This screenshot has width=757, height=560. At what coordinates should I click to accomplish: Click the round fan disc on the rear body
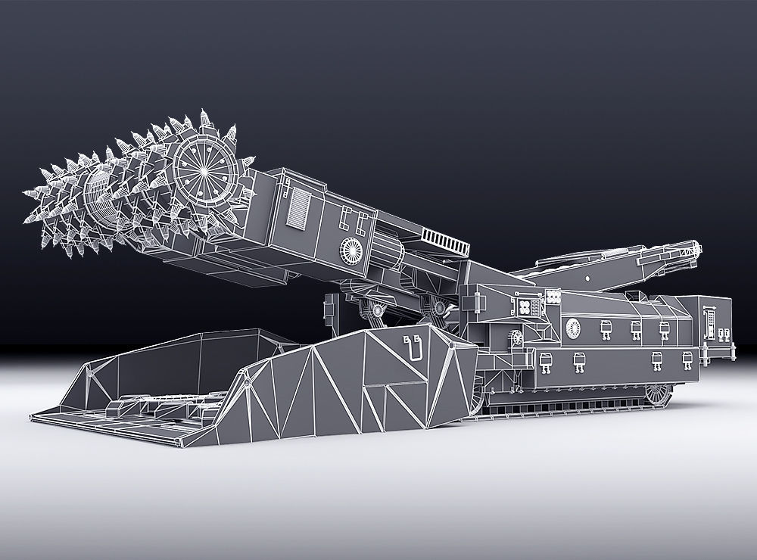pyautogui.click(x=573, y=326)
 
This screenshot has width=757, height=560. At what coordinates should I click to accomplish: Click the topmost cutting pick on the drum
pyautogui.click(x=205, y=118)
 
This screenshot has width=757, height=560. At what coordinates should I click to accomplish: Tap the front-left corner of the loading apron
pyautogui.click(x=34, y=415)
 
